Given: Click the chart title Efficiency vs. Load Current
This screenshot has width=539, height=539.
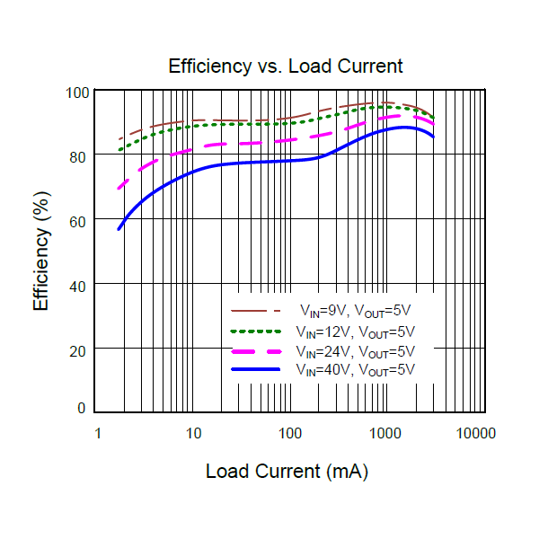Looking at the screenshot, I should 286,66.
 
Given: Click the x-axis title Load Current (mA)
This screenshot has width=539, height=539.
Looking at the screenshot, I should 287,471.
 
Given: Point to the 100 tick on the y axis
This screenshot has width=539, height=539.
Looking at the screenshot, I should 77,93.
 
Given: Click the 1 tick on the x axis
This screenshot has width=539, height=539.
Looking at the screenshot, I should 97,433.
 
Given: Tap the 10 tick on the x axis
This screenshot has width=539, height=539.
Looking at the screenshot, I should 193,433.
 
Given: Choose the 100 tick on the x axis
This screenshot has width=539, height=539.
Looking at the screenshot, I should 290,433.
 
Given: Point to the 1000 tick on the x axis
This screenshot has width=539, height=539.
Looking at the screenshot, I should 386,433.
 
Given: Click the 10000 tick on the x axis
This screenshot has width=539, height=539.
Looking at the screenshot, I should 475,433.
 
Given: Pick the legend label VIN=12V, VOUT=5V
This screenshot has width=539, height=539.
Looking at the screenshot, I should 356,331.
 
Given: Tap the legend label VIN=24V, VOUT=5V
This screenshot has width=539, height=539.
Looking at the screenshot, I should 356,351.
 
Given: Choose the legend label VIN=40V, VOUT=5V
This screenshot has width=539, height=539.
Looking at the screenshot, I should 356,370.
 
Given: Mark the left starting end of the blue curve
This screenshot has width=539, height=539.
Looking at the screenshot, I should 119,229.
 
